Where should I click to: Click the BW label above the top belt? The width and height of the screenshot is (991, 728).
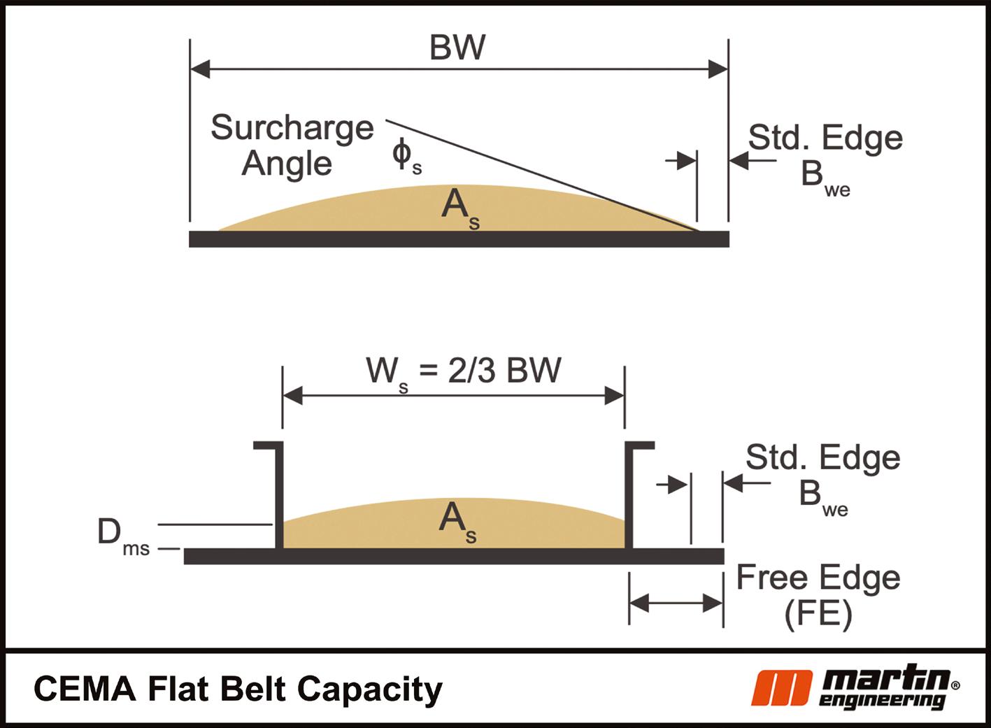[x=457, y=47]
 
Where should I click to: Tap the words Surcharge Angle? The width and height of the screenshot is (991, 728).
[x=292, y=145]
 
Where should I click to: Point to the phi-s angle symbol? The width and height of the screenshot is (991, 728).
[x=406, y=157]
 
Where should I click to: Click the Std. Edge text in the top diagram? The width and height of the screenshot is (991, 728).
[x=825, y=138]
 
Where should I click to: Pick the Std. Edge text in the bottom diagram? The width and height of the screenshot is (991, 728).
[x=822, y=458]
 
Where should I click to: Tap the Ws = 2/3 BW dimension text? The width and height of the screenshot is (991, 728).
[x=463, y=371]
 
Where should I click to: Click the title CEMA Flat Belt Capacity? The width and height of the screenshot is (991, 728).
[x=238, y=688]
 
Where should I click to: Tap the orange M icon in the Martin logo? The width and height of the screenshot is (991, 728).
[x=781, y=688]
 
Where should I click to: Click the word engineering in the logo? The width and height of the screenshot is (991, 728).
[x=883, y=701]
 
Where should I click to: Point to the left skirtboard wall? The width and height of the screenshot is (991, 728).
[x=279, y=497]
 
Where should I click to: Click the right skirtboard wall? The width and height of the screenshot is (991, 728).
[x=629, y=497]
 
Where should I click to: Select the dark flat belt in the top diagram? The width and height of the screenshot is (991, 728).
[x=458, y=239]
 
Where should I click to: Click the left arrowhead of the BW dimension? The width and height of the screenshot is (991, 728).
[x=200, y=69]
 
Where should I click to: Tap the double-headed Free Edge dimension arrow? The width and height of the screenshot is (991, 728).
[x=676, y=603]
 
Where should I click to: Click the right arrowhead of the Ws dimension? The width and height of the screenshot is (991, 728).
[x=615, y=396]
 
